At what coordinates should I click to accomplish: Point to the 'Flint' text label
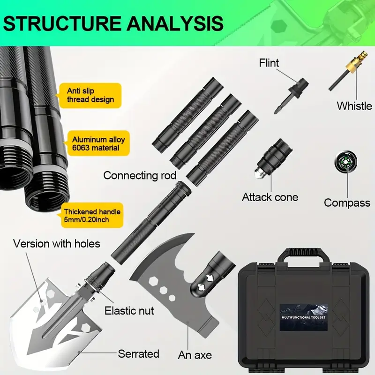[269, 63]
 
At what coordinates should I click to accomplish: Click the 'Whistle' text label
[354, 105]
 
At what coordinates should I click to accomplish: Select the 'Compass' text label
[347, 203]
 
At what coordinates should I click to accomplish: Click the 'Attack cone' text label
[270, 197]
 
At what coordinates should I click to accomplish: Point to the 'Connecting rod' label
[140, 175]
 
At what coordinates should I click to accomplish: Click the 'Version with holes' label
[56, 244]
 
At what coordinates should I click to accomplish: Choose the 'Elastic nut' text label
[129, 310]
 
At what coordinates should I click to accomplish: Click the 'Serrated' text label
[138, 353]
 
